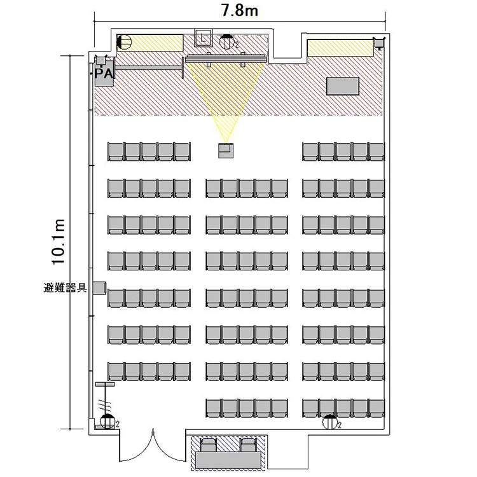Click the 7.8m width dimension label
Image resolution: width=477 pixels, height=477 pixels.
pyautogui.click(x=240, y=10)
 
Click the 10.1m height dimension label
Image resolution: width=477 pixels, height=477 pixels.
pyautogui.click(x=58, y=242)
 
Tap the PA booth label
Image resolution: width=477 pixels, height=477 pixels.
pyautogui.click(x=104, y=74)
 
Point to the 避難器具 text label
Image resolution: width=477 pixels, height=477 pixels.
pyautogui.click(x=65, y=287)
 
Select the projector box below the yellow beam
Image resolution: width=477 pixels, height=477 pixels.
pyautogui.click(x=226, y=150)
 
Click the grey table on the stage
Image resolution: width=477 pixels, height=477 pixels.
pyautogui.click(x=343, y=86)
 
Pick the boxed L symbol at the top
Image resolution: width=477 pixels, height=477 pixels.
pyautogui.click(x=204, y=38)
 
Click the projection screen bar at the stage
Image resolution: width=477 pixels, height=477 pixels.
pyautogui.click(x=226, y=59)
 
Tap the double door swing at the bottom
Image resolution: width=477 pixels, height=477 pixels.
pyautogui.click(x=153, y=446)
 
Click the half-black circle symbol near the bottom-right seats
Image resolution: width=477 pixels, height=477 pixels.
pyautogui.click(x=330, y=422)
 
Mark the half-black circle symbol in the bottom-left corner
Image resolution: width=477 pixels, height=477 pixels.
pyautogui.click(x=107, y=421)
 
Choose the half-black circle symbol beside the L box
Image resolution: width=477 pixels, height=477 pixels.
pyautogui.click(x=226, y=42)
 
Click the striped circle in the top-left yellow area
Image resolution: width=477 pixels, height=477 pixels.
pyautogui.click(x=124, y=42)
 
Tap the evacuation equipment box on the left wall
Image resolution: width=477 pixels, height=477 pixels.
pyautogui.click(x=99, y=288)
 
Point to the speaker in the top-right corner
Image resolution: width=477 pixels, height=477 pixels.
pyautogui.click(x=379, y=43)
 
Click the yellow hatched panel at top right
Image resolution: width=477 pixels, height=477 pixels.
pyautogui.click(x=340, y=48)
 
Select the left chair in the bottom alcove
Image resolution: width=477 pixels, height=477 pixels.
pyautogui.click(x=209, y=445)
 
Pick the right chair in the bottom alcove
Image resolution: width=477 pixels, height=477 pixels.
pyautogui.click(x=247, y=445)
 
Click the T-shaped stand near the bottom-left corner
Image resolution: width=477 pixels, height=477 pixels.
pyautogui.click(x=105, y=399)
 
